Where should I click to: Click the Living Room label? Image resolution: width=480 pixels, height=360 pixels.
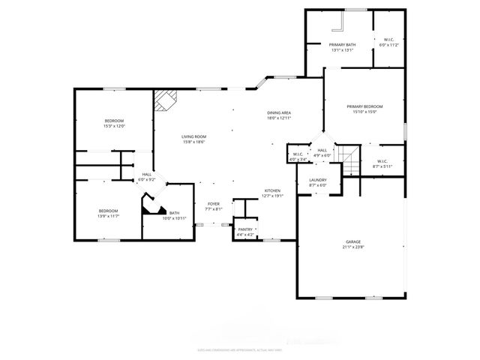193,139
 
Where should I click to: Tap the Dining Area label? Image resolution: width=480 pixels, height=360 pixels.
279,115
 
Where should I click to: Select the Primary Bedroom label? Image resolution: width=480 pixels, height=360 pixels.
364,109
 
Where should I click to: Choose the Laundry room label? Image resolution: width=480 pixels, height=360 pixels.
317,182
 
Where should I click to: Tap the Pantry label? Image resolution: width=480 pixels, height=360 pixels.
245,232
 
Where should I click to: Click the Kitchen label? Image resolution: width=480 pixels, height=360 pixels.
271,193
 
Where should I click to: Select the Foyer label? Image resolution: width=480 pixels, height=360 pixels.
214,206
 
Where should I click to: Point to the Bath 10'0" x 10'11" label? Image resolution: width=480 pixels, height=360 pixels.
174,215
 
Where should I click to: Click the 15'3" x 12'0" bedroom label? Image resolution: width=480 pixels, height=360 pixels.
114,124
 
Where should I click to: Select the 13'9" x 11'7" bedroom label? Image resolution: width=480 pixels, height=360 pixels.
109,214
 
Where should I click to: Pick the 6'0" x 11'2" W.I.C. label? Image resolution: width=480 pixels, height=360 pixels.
389,42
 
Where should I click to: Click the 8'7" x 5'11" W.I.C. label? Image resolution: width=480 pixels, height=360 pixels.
382,163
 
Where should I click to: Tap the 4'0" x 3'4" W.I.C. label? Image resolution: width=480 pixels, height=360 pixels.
298,157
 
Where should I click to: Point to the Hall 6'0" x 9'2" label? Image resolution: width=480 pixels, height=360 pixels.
147,177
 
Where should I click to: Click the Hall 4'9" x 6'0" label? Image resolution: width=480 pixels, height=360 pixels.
322,153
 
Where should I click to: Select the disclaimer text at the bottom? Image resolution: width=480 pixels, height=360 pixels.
239,349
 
